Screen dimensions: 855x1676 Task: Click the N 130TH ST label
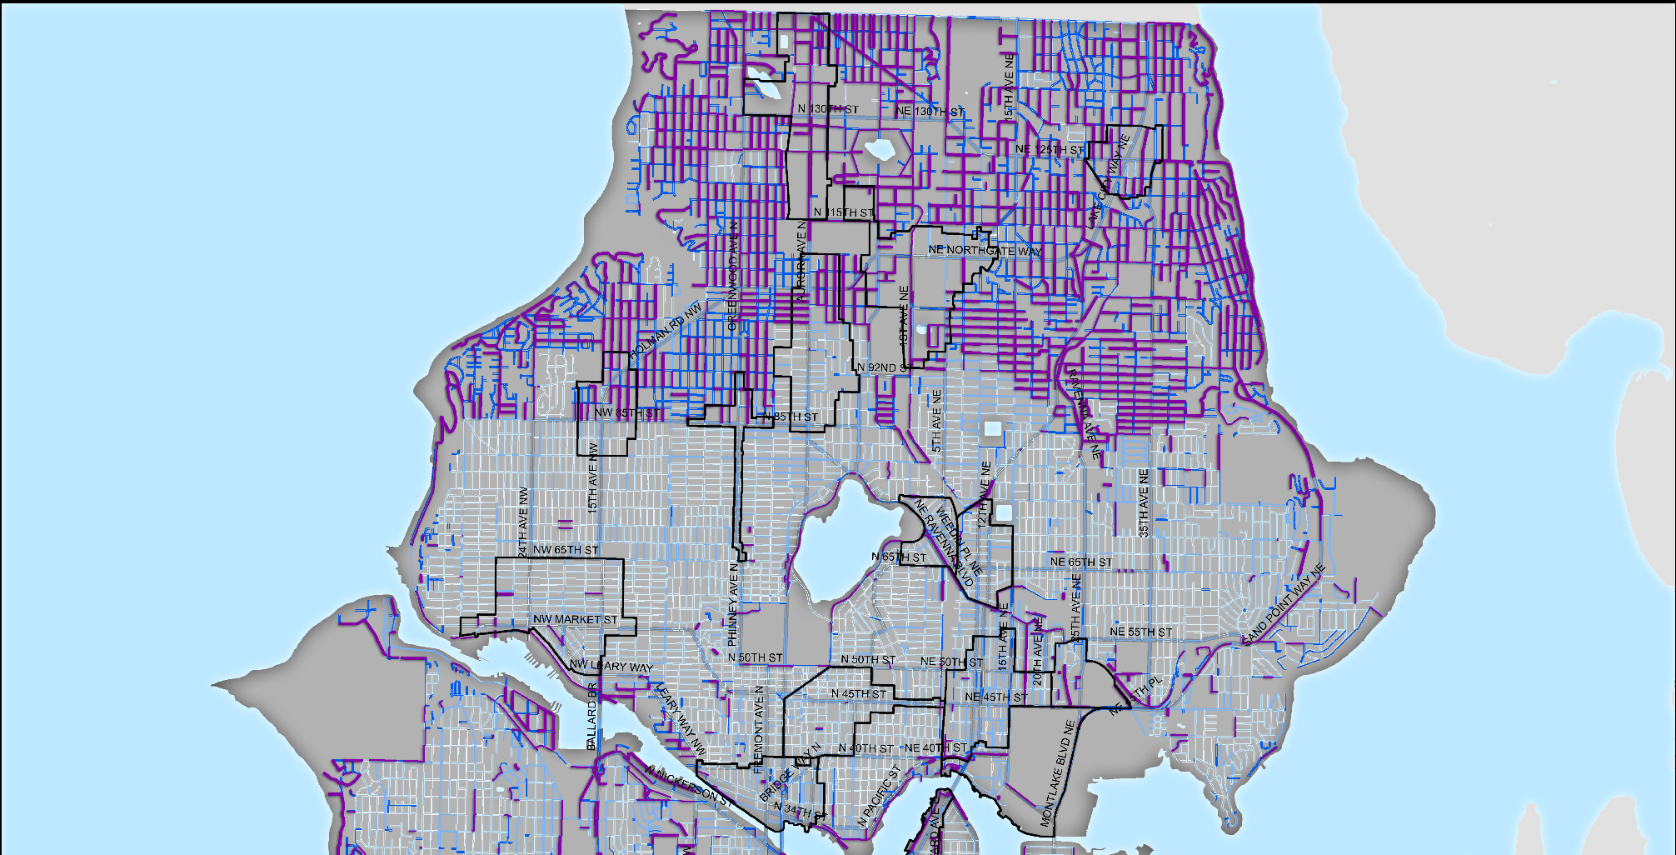[827, 109]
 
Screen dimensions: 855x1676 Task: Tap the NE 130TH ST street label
[930, 111]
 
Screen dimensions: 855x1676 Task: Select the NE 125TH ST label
[1050, 150]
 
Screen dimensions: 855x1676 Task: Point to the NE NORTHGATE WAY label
[985, 250]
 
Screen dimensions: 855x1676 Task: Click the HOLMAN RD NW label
[666, 332]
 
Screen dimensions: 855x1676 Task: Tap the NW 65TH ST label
[566, 550]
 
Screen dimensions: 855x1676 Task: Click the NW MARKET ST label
[575, 619]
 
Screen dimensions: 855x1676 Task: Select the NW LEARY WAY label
[611, 667]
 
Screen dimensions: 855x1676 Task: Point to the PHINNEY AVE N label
[733, 605]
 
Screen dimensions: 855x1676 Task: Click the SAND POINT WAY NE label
[1283, 605]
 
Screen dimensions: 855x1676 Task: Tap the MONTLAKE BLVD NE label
[1057, 773]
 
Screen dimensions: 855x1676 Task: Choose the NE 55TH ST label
[1140, 632]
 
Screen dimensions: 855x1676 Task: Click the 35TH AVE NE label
[1144, 502]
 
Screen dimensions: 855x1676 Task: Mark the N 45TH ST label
[859, 693]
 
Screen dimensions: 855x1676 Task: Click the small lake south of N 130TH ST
[878, 150]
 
